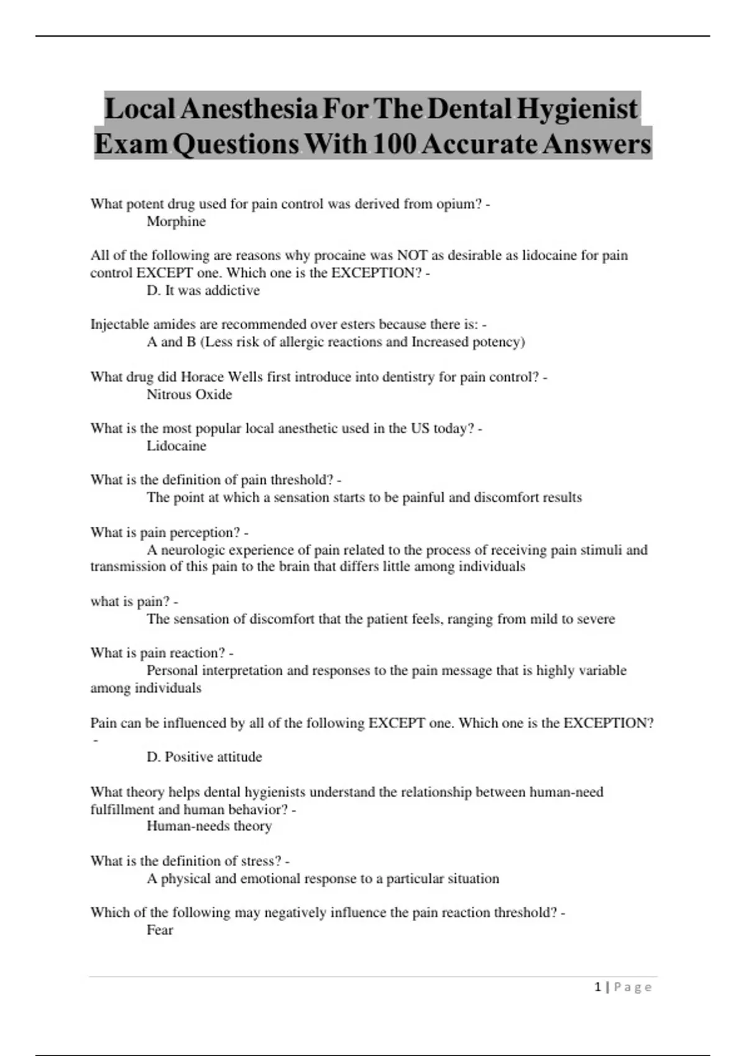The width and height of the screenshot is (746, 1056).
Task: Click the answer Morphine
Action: coord(176,222)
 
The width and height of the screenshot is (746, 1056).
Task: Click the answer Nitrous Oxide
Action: coord(189,394)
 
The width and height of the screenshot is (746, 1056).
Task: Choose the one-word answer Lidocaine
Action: coord(176,446)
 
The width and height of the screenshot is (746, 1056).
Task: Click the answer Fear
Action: coord(160,930)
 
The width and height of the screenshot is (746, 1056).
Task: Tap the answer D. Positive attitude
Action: coord(204,757)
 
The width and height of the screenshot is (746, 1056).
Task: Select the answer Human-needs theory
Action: coord(209,826)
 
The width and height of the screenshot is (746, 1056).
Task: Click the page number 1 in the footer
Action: coord(598,987)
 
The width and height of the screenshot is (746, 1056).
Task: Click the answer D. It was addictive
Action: coord(203,291)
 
